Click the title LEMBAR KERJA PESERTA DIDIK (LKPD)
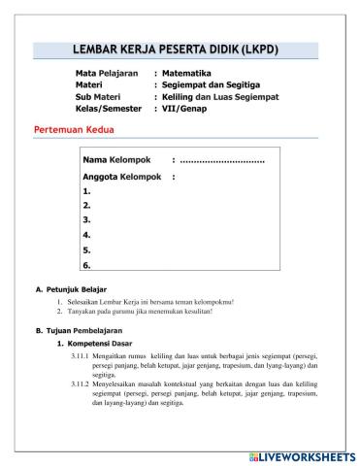click(x=180, y=50)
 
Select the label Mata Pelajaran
click(x=109, y=73)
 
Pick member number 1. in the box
click(x=87, y=191)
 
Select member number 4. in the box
click(x=87, y=235)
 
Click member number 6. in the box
click(x=87, y=264)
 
